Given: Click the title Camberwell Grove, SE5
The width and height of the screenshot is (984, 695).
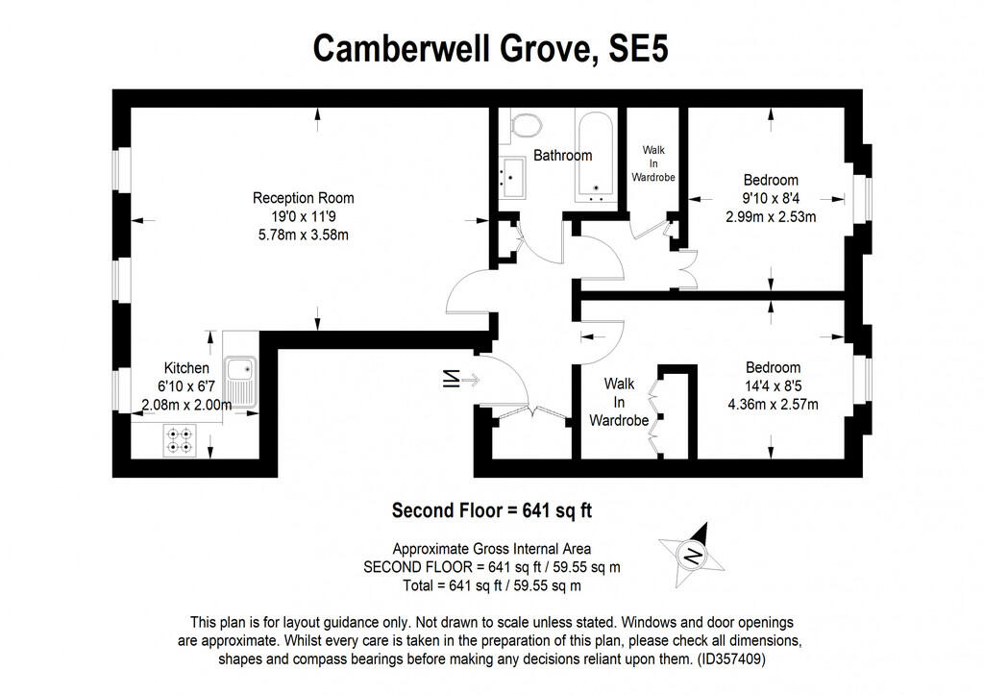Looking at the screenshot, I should [x=490, y=48].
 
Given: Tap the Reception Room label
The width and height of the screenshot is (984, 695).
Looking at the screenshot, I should [x=304, y=198].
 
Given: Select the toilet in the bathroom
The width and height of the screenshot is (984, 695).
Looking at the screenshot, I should [x=525, y=125].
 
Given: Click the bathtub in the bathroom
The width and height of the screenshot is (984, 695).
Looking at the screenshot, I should [x=596, y=156].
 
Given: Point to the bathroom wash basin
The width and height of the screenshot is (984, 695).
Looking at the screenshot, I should [x=511, y=178].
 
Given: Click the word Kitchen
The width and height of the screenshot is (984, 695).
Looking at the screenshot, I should [x=186, y=368].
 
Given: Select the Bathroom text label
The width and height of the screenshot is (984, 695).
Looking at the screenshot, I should [x=563, y=155].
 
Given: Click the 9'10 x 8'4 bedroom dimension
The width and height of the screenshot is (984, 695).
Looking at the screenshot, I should [x=771, y=198].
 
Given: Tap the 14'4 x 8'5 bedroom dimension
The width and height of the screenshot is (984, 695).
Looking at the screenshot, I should [x=773, y=385].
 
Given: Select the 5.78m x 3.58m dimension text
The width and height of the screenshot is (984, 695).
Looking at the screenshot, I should [x=304, y=235].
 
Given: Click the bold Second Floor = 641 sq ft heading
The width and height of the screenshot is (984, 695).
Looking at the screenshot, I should [x=498, y=510].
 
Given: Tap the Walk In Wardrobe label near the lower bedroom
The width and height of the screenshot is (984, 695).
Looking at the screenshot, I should [x=619, y=402].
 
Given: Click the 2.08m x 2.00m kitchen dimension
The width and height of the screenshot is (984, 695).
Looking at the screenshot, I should [x=186, y=405].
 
